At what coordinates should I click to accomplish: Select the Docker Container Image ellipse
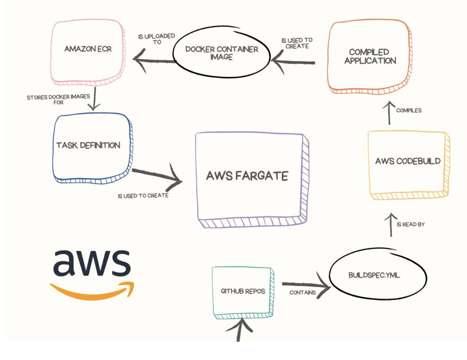[x=222, y=53]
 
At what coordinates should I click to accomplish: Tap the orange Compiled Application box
[x=370, y=57]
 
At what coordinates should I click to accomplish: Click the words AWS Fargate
[x=247, y=176]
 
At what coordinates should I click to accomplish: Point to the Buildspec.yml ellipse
[x=374, y=275]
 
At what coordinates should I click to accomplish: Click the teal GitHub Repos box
[x=243, y=291]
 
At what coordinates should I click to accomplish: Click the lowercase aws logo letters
[x=92, y=262]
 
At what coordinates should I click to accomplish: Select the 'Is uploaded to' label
[x=157, y=39]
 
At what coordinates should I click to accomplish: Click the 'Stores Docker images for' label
[x=58, y=99]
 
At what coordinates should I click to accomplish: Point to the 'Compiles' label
[x=409, y=110]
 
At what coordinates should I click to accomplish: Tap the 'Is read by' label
[x=411, y=224]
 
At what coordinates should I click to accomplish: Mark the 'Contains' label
[x=303, y=293]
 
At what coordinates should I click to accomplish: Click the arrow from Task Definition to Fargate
[x=157, y=176]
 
